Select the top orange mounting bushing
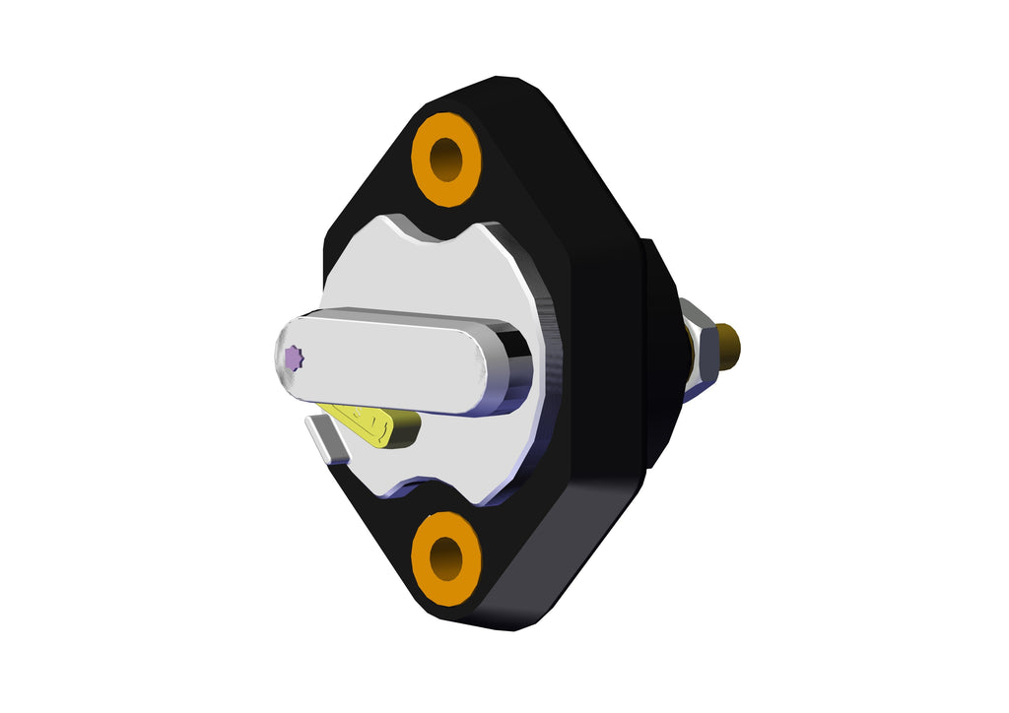pyautogui.click(x=445, y=159)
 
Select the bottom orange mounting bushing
pyautogui.click(x=445, y=557)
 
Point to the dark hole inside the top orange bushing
pyautogui.click(x=446, y=159)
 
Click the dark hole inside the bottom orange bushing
pyautogui.click(x=446, y=557)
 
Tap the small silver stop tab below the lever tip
pyautogui.click(x=327, y=438)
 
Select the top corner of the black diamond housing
pyautogui.click(x=503, y=84)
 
